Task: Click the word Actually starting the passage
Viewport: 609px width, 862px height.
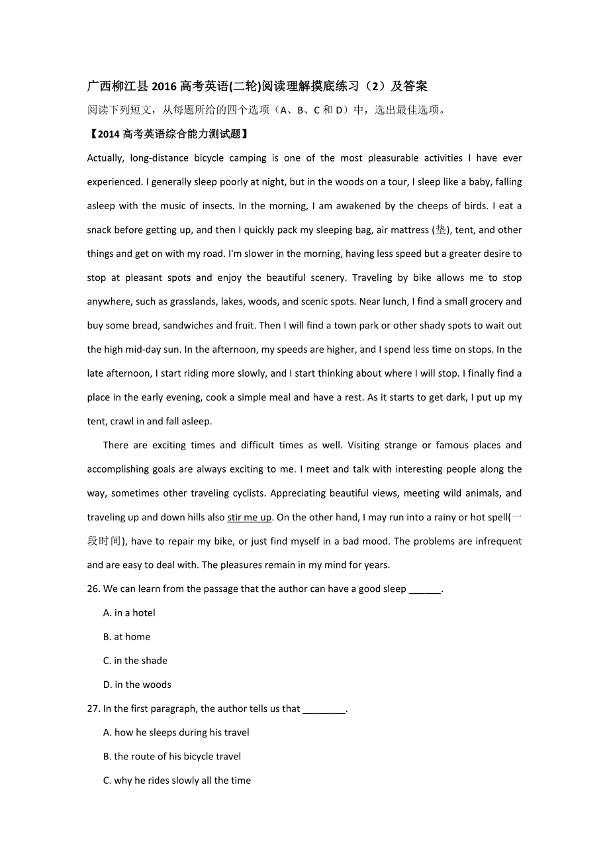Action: click(x=105, y=158)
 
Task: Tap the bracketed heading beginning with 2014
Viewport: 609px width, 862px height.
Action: click(x=169, y=134)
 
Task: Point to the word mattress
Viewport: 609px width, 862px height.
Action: click(x=410, y=230)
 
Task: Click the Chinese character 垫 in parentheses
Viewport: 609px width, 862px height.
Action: click(x=441, y=230)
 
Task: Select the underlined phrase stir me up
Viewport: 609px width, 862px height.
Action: click(x=249, y=517)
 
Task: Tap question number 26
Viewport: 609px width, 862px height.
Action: click(x=93, y=589)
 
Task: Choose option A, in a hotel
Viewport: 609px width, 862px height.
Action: click(x=129, y=613)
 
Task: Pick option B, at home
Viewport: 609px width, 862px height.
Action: click(x=126, y=637)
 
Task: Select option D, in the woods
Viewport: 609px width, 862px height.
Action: click(x=137, y=685)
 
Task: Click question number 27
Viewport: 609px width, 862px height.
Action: click(x=93, y=708)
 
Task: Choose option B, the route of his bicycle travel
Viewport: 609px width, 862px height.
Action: click(x=172, y=757)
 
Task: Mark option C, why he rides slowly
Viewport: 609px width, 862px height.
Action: click(x=177, y=781)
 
